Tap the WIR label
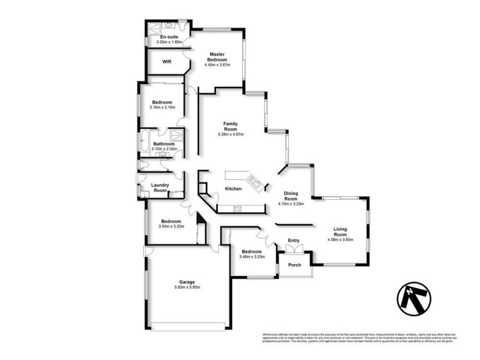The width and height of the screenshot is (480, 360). click(x=167, y=61)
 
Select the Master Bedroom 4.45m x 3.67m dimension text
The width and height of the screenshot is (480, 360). click(x=217, y=65)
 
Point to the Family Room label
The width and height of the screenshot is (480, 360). click(x=230, y=126)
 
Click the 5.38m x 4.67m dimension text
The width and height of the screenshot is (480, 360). click(x=230, y=134)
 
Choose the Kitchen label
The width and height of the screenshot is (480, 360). click(x=233, y=188)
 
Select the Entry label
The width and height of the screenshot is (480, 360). click(x=293, y=241)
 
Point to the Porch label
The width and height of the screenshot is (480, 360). click(x=295, y=265)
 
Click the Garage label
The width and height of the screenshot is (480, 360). click(x=187, y=282)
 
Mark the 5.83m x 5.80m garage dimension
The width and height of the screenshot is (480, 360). click(x=187, y=288)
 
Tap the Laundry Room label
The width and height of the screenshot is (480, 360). click(x=160, y=188)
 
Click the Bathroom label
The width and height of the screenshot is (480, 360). click(x=163, y=144)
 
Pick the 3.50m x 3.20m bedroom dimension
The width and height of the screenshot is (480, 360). click(x=171, y=226)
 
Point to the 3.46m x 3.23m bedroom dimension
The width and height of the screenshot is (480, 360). click(x=251, y=257)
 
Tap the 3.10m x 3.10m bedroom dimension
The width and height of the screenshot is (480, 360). click(x=163, y=107)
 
